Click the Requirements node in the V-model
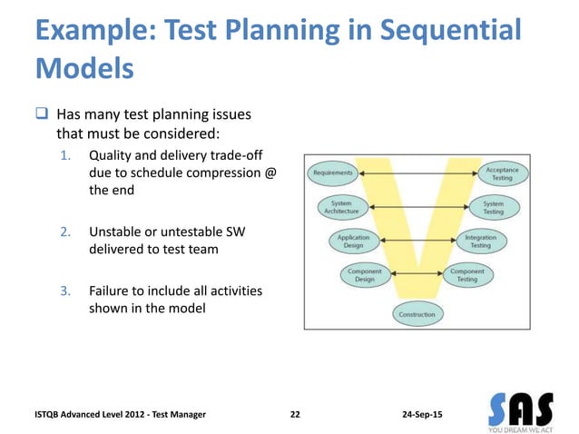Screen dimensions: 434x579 (x=333, y=172)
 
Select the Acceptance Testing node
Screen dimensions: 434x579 (x=502, y=173)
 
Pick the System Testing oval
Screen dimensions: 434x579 (x=493, y=208)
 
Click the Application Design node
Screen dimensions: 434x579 (x=353, y=241)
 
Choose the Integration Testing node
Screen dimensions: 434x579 (x=480, y=241)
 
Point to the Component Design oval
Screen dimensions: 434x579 (x=364, y=275)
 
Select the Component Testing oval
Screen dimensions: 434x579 (x=467, y=275)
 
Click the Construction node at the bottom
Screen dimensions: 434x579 (x=417, y=314)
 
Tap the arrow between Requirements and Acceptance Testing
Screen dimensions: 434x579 (x=417, y=172)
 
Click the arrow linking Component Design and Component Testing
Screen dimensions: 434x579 (x=416, y=274)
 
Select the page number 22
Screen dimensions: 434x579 (x=295, y=414)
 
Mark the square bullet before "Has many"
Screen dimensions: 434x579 (x=42, y=115)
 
